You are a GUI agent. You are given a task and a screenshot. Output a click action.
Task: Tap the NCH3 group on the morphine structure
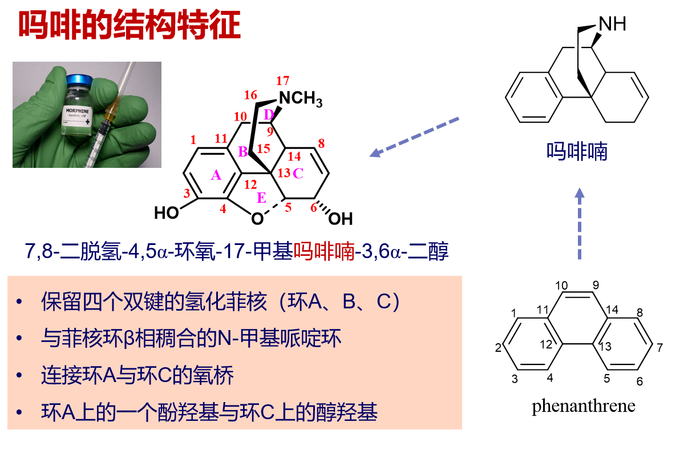(x=301, y=99)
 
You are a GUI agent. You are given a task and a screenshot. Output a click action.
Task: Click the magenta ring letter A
(x=216, y=176)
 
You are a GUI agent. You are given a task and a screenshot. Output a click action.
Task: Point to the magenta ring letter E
(x=261, y=198)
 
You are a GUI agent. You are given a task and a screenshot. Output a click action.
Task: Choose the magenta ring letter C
(x=298, y=174)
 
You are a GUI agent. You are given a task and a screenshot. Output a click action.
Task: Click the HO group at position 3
(x=167, y=214)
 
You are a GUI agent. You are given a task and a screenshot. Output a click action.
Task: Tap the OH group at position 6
(x=341, y=219)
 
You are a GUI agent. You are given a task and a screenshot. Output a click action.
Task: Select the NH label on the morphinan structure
(x=612, y=24)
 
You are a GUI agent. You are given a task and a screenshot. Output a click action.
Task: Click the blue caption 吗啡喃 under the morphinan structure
(x=577, y=152)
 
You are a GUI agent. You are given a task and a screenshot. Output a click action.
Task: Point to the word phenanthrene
(x=583, y=407)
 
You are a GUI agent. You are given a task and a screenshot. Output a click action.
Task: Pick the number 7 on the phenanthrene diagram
(x=661, y=348)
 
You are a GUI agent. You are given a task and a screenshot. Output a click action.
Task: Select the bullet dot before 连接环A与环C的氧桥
(x=21, y=376)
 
